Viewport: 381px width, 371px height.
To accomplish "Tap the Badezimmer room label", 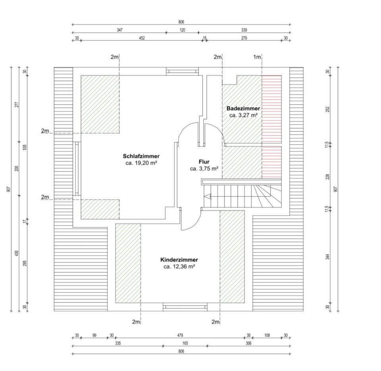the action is click(243, 109).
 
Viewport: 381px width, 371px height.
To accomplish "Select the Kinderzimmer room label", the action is click(179, 260).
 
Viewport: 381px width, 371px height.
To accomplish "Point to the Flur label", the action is click(204, 162).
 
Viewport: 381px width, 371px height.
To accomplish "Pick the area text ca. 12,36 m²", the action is click(179, 267).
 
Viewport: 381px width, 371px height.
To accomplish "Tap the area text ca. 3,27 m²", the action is click(243, 115).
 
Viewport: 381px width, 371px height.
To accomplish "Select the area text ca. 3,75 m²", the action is click(204, 168).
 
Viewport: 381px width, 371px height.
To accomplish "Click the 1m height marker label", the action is click(257, 57).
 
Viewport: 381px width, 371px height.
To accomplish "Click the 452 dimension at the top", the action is click(142, 38).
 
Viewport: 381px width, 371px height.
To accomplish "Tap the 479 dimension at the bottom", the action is click(180, 335).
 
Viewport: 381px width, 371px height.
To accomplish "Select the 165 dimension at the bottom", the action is click(185, 343).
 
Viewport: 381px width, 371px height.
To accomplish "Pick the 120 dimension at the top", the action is click(183, 30).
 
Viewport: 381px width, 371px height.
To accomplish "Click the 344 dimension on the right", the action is click(327, 257).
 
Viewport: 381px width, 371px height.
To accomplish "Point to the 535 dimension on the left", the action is click(25, 147).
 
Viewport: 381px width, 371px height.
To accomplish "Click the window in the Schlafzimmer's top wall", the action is click(182, 71).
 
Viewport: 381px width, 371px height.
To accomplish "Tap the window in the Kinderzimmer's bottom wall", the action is click(185, 306).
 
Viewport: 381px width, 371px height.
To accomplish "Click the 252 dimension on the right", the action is click(327, 109).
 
